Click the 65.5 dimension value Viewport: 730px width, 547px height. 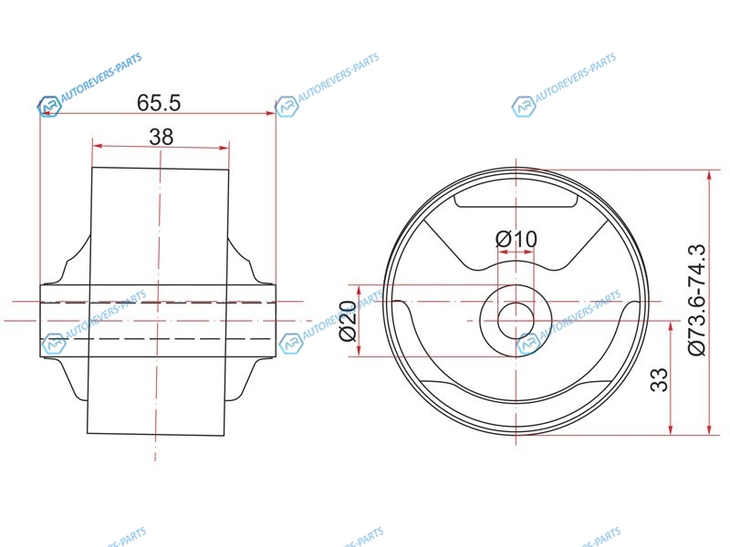coord(158,103)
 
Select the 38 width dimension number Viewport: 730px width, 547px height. coord(162,137)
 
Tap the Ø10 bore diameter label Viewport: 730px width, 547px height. coord(516,239)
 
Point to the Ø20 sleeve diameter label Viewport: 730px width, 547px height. coord(349,321)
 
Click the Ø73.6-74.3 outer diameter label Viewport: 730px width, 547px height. coord(697,300)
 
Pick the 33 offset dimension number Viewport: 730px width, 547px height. coord(659,379)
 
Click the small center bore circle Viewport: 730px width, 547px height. coord(516,321)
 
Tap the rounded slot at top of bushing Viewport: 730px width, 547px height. coord(516,201)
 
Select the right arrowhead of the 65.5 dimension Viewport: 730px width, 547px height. coord(270,113)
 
